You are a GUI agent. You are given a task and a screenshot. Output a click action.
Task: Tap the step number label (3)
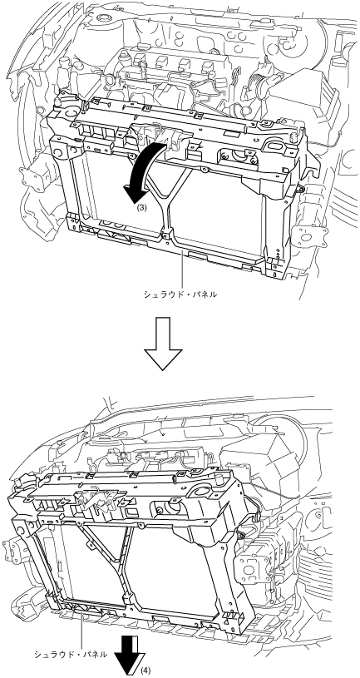click(x=141, y=207)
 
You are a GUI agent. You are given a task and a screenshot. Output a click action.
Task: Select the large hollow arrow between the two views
click(x=162, y=344)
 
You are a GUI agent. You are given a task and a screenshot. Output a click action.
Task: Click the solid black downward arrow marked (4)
click(x=129, y=656)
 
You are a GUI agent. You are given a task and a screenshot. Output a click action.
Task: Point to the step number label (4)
click(x=145, y=671)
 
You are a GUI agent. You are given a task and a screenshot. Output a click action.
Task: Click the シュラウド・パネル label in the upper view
click(x=180, y=294)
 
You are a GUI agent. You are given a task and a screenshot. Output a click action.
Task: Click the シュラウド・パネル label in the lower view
click(x=71, y=654)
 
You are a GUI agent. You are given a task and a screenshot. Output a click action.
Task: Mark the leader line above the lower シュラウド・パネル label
click(x=81, y=628)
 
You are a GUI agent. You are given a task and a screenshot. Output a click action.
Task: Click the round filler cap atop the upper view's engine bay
click(x=103, y=18)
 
